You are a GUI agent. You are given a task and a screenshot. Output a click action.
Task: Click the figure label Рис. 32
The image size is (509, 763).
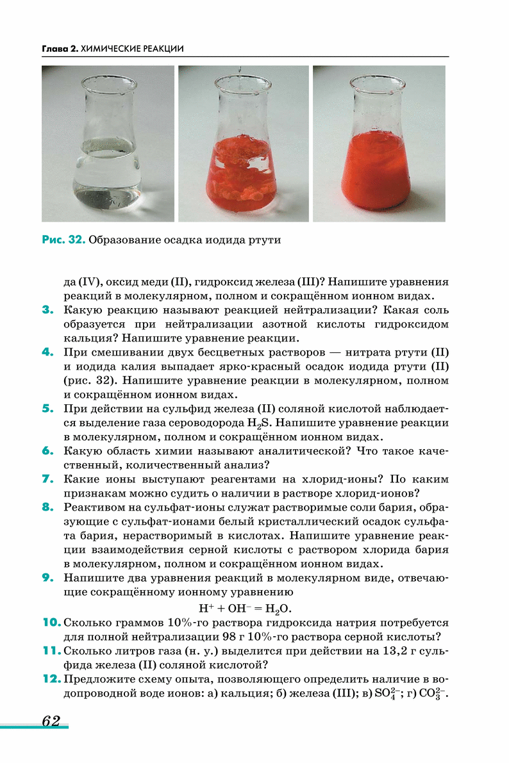click(63, 240)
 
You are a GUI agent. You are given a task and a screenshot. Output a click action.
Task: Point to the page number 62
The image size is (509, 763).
click(51, 721)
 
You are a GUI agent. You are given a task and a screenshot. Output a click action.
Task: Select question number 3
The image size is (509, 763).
click(47, 310)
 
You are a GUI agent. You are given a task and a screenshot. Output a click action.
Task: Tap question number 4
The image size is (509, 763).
click(47, 352)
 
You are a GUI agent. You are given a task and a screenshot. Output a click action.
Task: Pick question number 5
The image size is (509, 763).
click(47, 408)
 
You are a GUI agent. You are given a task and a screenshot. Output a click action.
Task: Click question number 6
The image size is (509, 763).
click(47, 450)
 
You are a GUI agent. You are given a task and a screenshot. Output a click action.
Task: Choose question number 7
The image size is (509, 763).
click(47, 479)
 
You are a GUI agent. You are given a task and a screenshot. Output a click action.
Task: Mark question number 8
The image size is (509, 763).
click(47, 507)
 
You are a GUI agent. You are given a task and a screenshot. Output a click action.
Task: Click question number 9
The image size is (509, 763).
click(47, 577)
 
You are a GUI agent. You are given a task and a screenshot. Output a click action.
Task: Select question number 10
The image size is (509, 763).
click(51, 622)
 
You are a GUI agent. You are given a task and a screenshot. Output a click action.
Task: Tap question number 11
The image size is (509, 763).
click(51, 650)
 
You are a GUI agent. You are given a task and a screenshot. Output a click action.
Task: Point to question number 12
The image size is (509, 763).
click(51, 678)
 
